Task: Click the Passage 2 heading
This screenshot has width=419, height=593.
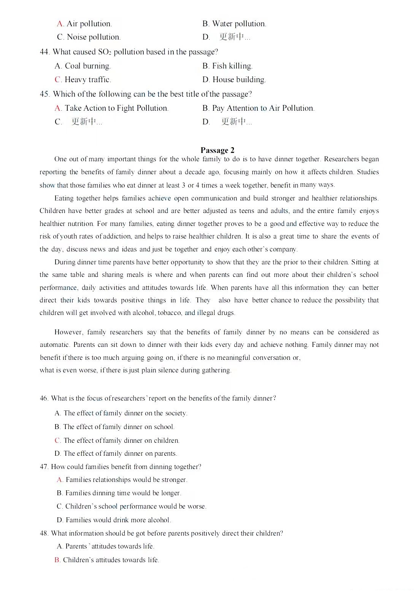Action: [217, 150]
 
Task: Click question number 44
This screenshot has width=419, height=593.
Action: [44, 52]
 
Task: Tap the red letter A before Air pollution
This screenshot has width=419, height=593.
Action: [60, 24]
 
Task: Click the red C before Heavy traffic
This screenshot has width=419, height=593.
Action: [58, 80]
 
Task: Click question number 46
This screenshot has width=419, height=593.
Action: [44, 399]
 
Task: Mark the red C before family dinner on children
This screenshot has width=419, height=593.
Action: [57, 440]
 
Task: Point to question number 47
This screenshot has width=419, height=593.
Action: [44, 467]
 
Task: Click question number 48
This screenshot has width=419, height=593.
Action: [44, 534]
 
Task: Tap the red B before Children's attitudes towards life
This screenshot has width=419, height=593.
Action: [57, 560]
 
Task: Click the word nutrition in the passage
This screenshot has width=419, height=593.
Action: [81, 224]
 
